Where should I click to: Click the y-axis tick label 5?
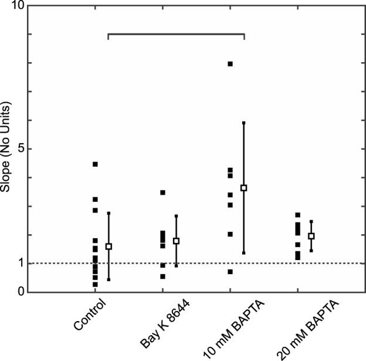pyautogui.click(x=21, y=149)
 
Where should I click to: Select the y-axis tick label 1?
pyautogui.click(x=21, y=263)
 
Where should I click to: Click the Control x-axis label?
pyautogui.click(x=91, y=315)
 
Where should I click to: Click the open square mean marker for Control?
pyautogui.click(x=109, y=247)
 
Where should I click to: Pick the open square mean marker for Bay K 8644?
pyautogui.click(x=176, y=241)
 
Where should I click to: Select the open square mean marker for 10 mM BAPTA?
pyautogui.click(x=244, y=188)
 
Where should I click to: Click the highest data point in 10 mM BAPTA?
pyautogui.click(x=231, y=63)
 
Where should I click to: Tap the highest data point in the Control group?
pyautogui.click(x=95, y=164)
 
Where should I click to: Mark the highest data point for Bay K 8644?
pyautogui.click(x=163, y=193)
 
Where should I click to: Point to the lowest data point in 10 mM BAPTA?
pyautogui.click(x=231, y=272)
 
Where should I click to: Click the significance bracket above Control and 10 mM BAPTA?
pyautogui.click(x=176, y=34)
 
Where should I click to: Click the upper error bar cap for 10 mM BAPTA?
pyautogui.click(x=244, y=123)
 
